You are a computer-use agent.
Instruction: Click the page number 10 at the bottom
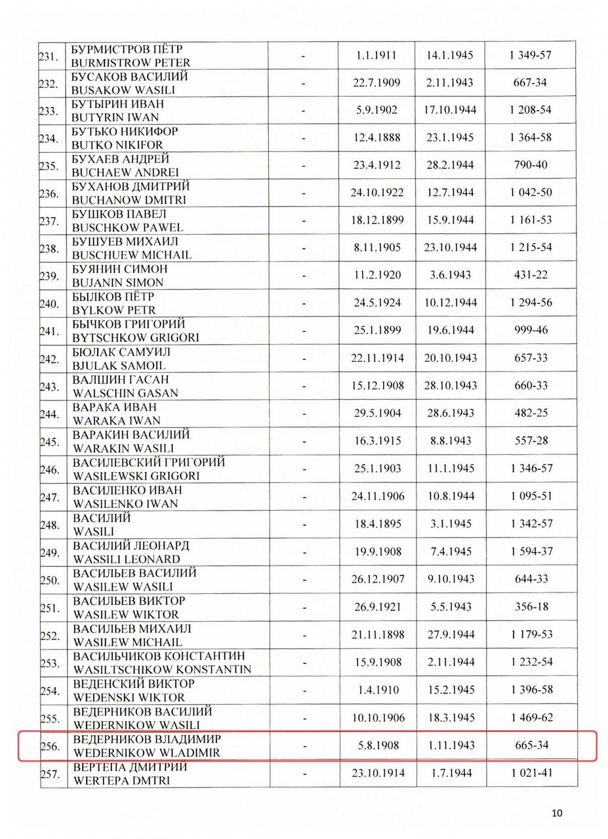(x=557, y=813)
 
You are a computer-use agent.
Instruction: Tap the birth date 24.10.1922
(x=377, y=193)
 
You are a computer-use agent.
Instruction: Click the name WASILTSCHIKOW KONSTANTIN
(x=162, y=669)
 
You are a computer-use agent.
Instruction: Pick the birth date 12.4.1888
(x=377, y=138)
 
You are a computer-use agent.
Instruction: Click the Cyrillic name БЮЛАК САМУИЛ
(x=121, y=352)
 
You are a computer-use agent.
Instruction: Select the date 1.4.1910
(x=377, y=690)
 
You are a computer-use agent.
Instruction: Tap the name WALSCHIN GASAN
(x=125, y=393)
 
